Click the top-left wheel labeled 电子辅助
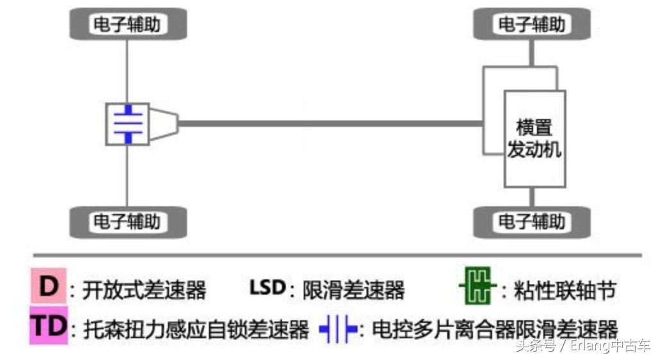(127, 24)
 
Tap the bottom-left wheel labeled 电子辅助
(127, 222)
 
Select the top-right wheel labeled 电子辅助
(531, 24)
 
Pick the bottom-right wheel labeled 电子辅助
(531, 222)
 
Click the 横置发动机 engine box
(534, 138)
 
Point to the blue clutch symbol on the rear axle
(128, 124)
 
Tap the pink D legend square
(47, 287)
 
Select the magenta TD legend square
(49, 327)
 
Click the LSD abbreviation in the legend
(267, 287)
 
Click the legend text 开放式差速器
(145, 290)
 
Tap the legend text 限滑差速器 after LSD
(354, 290)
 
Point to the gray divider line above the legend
(333, 256)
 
